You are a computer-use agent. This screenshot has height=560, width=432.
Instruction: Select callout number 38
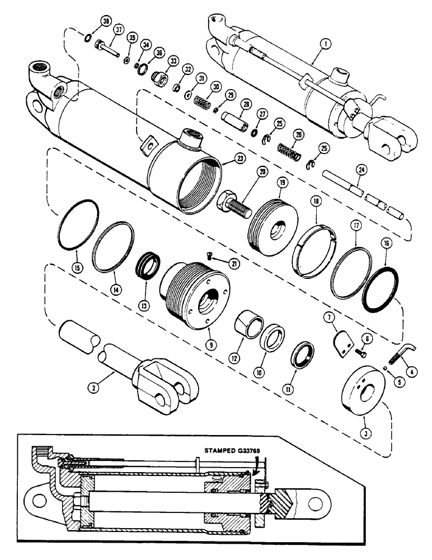[x=105, y=22]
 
